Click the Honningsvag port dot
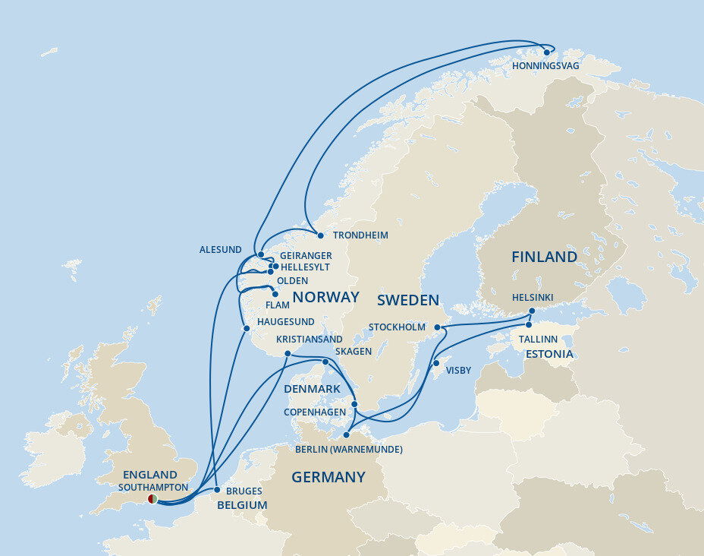(x=545, y=52)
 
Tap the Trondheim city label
(x=360, y=235)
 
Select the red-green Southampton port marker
(x=152, y=499)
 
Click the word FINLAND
(x=544, y=257)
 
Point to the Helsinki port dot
(x=532, y=311)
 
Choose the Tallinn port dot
(x=529, y=325)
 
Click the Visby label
(x=458, y=371)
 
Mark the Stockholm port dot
(x=438, y=327)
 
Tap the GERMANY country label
(x=328, y=477)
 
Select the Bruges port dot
(x=217, y=490)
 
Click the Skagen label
(x=353, y=352)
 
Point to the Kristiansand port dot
(x=288, y=354)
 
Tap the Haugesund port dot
(x=246, y=328)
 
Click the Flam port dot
(x=275, y=294)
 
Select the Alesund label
(x=220, y=250)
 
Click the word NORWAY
(x=325, y=297)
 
